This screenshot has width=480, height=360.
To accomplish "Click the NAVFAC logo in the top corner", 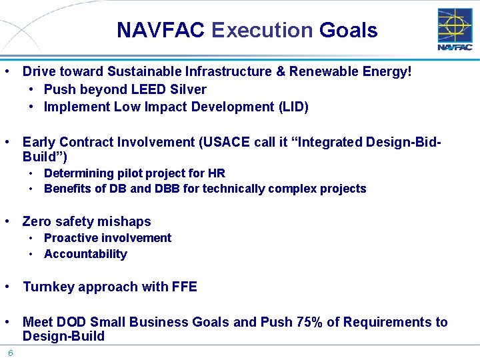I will tap(455, 29).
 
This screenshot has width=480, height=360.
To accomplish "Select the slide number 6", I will tap(11, 353).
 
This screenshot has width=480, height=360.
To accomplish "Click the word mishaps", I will tap(125, 221).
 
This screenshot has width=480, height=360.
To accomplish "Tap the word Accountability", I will tap(85, 254).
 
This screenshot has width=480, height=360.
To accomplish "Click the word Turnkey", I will tap(48, 287).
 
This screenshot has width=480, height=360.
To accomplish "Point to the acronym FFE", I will tap(184, 287).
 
